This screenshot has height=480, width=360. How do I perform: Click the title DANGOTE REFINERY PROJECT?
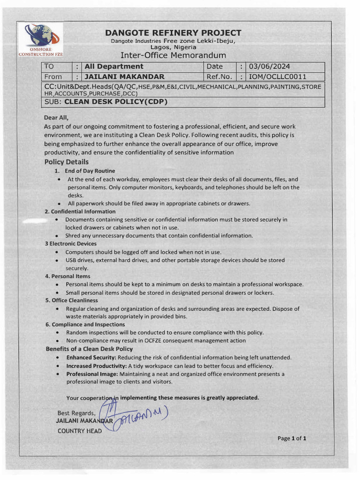pos(173,33)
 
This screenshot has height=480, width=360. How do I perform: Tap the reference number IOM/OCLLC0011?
pos(277,76)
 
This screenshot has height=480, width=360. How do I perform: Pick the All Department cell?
pos(114,67)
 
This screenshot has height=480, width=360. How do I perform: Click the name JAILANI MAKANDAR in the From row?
pos(124,76)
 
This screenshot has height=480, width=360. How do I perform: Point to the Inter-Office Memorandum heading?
pos(173,55)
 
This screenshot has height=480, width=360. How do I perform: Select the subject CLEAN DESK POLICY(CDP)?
pos(116,102)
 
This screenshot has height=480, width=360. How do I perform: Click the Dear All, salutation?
pos(56,118)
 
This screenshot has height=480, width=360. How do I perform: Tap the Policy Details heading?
pos(67,162)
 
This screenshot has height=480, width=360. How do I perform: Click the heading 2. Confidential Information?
pos(80,211)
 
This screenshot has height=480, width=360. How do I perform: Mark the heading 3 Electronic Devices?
pos(70,244)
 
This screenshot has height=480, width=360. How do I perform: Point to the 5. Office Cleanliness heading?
pos(71,300)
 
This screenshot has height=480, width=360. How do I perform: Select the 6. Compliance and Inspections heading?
pos(85,324)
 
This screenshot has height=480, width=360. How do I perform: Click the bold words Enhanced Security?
pos(91,357)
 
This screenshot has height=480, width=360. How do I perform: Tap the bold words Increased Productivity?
pos(97,366)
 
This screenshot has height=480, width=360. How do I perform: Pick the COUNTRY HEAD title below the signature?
pos(79,431)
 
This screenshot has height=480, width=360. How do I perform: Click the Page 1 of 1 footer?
pos(292,439)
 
